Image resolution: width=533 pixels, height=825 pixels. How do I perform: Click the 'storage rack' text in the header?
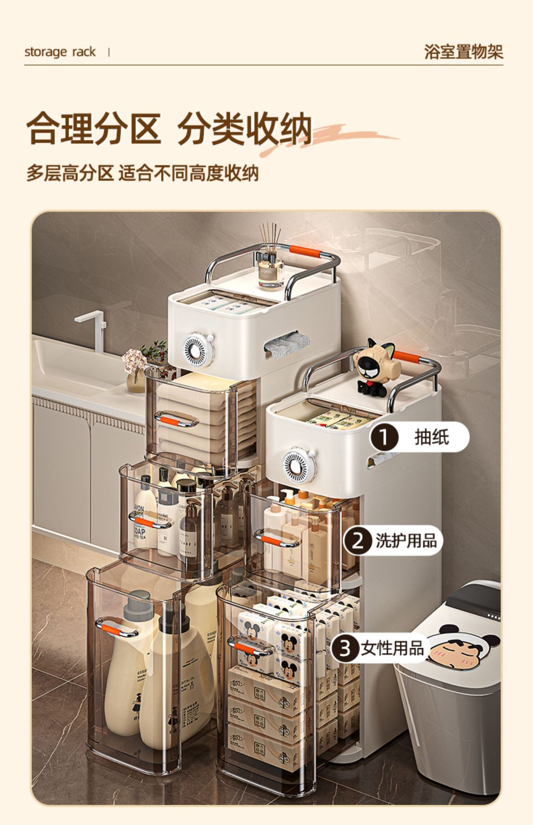click(60, 52)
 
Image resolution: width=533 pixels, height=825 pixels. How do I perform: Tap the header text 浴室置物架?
click(463, 52)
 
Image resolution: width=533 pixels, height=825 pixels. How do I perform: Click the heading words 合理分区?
click(94, 128)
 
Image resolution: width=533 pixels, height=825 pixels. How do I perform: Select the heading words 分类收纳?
click(245, 128)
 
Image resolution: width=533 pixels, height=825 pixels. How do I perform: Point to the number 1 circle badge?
click(384, 437)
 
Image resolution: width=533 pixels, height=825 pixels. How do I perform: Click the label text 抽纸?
click(432, 437)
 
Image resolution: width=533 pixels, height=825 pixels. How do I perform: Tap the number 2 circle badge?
click(357, 541)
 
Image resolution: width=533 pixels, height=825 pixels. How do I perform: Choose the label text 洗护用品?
click(406, 541)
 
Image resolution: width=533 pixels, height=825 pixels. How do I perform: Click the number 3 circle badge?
click(345, 648)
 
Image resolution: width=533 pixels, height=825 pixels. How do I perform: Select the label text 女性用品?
click(392, 648)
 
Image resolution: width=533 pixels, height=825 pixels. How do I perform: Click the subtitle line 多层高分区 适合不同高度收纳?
click(142, 173)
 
